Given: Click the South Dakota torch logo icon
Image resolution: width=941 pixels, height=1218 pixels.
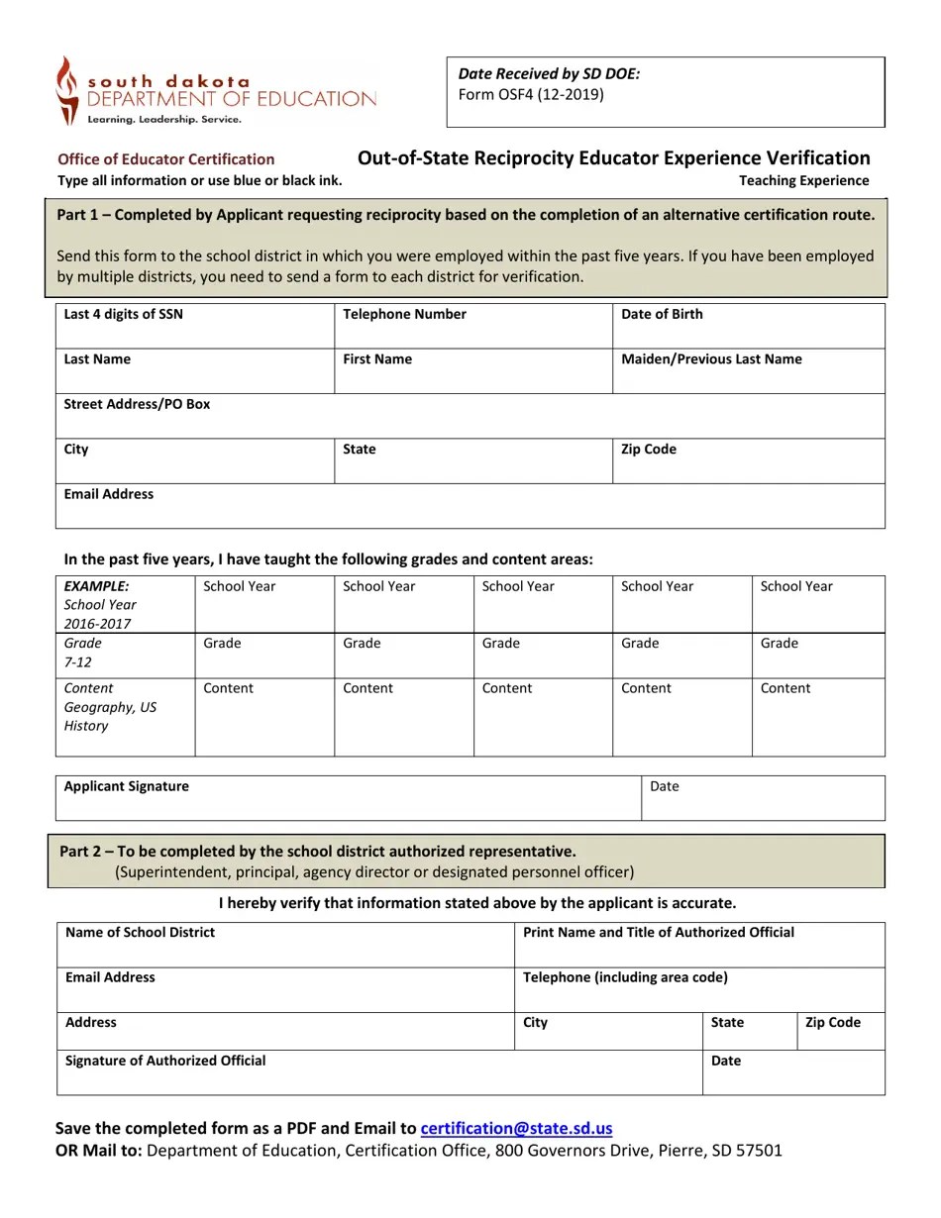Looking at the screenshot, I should point(66,90).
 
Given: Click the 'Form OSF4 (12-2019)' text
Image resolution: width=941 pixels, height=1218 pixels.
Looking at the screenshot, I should point(530,95).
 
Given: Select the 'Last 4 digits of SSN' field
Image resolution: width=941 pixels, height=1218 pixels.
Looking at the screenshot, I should point(195,326).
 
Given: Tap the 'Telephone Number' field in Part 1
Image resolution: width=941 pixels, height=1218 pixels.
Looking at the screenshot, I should point(472,326).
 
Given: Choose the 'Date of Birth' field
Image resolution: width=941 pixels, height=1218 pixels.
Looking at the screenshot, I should point(748,326).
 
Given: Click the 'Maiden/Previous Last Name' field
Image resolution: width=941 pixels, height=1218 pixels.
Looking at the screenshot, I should point(748,371).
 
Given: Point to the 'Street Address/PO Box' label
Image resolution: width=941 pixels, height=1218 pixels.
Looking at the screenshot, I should point(137,404).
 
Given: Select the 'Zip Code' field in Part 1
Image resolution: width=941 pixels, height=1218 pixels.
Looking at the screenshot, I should point(748,461).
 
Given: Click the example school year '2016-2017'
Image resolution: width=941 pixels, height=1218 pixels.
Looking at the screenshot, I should point(97,624).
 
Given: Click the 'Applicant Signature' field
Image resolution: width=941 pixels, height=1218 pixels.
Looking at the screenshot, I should point(348,798).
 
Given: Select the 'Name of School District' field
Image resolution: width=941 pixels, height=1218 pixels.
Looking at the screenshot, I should point(285,945).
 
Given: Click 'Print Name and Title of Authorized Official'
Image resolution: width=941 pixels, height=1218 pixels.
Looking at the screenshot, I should point(658,932).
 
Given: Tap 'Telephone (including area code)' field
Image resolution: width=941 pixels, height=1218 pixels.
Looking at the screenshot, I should point(698,990).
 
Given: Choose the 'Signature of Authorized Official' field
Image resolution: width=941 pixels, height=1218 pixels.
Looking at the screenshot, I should point(379,1072).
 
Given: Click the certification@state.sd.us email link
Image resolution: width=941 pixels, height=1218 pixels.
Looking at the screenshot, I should point(516,1128).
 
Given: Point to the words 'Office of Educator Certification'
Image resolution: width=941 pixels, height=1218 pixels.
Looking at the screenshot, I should point(165,159).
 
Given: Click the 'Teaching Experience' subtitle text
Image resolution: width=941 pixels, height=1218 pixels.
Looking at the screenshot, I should point(803,180).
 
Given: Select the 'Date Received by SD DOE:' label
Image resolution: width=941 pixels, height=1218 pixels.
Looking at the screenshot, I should point(549,74).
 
